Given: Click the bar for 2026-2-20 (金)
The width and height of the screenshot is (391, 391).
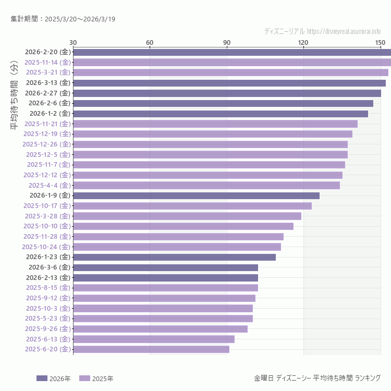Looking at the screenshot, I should [232, 52].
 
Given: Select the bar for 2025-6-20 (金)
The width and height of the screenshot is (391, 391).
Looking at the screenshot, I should [151, 349].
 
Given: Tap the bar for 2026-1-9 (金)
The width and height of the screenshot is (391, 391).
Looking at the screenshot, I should [196, 195].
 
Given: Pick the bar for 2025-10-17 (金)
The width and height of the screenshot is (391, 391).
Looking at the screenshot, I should [192, 206].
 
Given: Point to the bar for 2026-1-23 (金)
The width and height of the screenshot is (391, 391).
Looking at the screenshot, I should [174, 257].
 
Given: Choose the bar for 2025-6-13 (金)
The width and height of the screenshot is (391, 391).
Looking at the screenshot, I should [154, 339].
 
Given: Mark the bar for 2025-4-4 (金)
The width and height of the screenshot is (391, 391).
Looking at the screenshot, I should [206, 185].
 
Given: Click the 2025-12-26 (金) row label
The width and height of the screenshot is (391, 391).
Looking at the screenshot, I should [46, 144].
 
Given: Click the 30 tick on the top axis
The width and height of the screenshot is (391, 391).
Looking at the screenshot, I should [73, 42].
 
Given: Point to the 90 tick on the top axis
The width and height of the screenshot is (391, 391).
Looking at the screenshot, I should [227, 42].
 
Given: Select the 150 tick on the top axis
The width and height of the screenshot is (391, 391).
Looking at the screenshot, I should [380, 42].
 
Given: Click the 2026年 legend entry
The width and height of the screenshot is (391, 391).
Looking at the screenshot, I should [54, 378].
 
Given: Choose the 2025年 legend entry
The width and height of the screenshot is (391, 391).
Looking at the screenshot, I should [96, 378].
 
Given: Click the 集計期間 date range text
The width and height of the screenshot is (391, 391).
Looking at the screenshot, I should [63, 19].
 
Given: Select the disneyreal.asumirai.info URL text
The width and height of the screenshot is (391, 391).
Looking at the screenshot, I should [344, 31].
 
